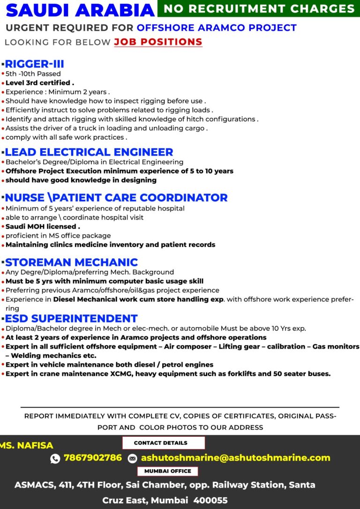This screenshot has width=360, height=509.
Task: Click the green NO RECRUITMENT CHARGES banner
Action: [x=259, y=8]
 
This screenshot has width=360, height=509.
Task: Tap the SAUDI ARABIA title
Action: [x=80, y=10]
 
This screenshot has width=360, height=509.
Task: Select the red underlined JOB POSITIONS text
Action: [x=158, y=42]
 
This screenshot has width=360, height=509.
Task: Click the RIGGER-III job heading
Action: [x=34, y=64]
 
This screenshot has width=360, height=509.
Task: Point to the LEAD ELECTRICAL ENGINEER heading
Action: [x=89, y=152]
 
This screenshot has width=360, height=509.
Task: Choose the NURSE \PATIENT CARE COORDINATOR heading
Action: [x=116, y=197]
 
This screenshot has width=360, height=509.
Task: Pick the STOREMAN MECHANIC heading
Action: [x=71, y=262]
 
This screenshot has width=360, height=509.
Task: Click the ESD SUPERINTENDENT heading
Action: [x=71, y=319]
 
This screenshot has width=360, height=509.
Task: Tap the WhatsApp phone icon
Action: [x=55, y=458]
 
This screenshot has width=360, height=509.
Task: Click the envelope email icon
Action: [x=133, y=458]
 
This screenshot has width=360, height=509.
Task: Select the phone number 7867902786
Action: [x=93, y=458]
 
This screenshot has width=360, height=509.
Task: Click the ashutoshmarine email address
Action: [x=235, y=458]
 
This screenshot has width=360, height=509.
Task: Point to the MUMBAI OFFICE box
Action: [x=167, y=471]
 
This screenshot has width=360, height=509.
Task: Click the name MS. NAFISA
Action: [x=26, y=445]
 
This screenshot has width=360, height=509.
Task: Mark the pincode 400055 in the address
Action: [x=210, y=500]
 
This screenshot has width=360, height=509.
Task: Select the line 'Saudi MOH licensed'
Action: [x=42, y=226]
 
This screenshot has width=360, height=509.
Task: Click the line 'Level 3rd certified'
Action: [x=39, y=83]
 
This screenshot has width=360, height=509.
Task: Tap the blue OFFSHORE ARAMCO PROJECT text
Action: [x=217, y=28]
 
